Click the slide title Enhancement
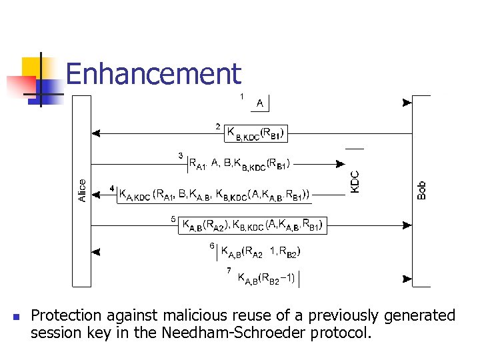[x=153, y=73]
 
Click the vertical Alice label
[x=82, y=191]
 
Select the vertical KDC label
[x=356, y=181]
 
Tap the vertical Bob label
[x=421, y=190]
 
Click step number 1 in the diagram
[x=241, y=97]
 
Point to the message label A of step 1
[x=259, y=103]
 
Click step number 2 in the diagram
[x=218, y=126]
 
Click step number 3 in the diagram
[x=181, y=155]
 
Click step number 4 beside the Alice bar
[x=112, y=189]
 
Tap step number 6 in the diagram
[x=211, y=245]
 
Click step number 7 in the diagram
[x=229, y=270]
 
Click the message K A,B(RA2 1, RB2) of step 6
[x=265, y=252]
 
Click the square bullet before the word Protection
[x=15, y=316]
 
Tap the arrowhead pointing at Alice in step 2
[x=97, y=133]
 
